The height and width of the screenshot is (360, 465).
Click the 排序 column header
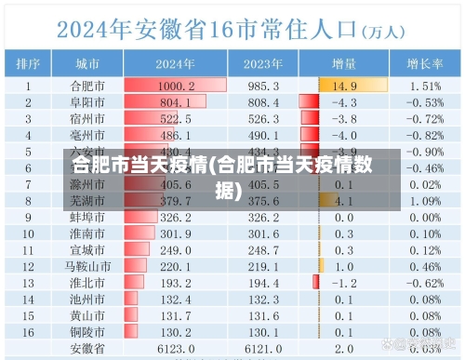(x=28, y=64)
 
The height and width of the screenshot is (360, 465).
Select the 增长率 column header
(x=424, y=64)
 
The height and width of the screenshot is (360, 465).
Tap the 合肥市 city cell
(x=89, y=86)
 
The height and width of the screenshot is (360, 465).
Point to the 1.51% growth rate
(x=425, y=86)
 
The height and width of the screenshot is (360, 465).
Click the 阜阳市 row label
(x=89, y=102)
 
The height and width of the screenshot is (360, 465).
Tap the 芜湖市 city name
(x=89, y=200)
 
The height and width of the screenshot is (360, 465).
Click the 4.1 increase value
(x=344, y=200)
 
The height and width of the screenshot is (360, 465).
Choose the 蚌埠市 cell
(x=89, y=217)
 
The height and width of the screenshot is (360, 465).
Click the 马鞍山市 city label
(x=89, y=266)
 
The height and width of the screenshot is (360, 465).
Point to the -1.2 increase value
(x=344, y=282)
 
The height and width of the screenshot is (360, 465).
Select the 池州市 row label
(x=89, y=299)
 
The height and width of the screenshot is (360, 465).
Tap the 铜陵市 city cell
(x=89, y=331)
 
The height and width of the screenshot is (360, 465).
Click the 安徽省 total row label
(x=89, y=348)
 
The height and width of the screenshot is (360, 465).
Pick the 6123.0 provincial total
(x=175, y=348)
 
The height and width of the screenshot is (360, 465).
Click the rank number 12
(x=28, y=266)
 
